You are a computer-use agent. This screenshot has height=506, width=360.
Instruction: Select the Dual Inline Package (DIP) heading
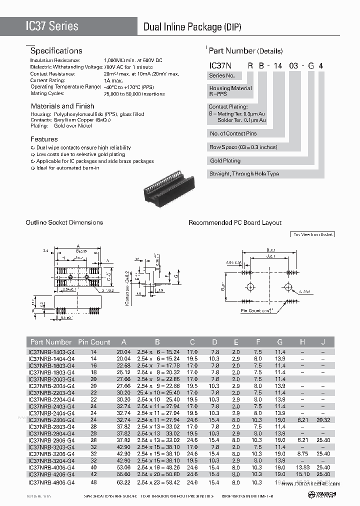[192, 27]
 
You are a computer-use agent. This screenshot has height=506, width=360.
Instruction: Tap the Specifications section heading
[56, 50]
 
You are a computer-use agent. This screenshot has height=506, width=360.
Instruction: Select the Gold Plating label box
[225, 160]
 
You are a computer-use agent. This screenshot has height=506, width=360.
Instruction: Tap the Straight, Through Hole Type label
[244, 174]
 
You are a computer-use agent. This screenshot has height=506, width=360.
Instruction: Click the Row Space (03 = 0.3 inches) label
[243, 147]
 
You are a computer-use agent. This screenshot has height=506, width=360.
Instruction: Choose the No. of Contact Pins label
[233, 133]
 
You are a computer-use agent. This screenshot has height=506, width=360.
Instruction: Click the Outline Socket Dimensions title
[64, 222]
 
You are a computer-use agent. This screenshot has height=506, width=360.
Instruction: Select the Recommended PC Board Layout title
[235, 222]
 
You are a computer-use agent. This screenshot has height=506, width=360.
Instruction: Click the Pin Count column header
[94, 342]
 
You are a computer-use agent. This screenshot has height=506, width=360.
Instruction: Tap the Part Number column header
[51, 342]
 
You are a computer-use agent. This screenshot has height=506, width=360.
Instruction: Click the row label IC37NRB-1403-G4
[51, 351]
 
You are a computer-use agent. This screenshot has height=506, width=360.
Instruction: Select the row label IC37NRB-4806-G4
[51, 482]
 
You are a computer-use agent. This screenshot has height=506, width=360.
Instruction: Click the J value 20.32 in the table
[323, 419]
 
